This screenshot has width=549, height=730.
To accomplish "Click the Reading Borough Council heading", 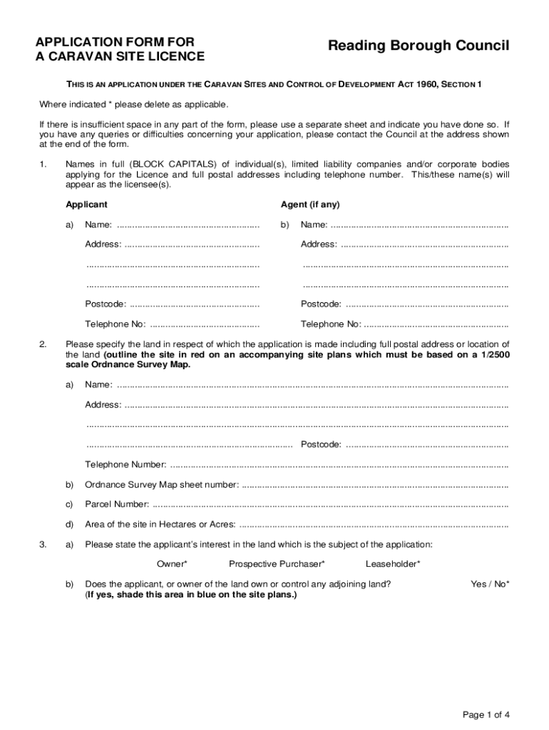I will click(x=419, y=46).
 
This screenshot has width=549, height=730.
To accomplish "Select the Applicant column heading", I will click(x=86, y=205).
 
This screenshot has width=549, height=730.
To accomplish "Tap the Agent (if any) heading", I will click(x=310, y=205).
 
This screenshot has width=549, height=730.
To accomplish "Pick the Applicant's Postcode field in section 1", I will click(x=195, y=305).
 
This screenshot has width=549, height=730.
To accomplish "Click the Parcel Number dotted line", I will click(x=330, y=505).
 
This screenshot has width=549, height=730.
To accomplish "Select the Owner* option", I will click(x=172, y=565).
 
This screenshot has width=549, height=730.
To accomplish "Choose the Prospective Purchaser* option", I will click(x=277, y=565).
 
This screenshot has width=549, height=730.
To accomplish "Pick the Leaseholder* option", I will click(x=393, y=565).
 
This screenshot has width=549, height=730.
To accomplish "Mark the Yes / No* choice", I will click(x=490, y=585).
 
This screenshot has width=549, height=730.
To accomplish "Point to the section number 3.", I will click(x=43, y=545).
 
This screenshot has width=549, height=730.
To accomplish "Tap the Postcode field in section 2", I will click(x=426, y=446).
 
